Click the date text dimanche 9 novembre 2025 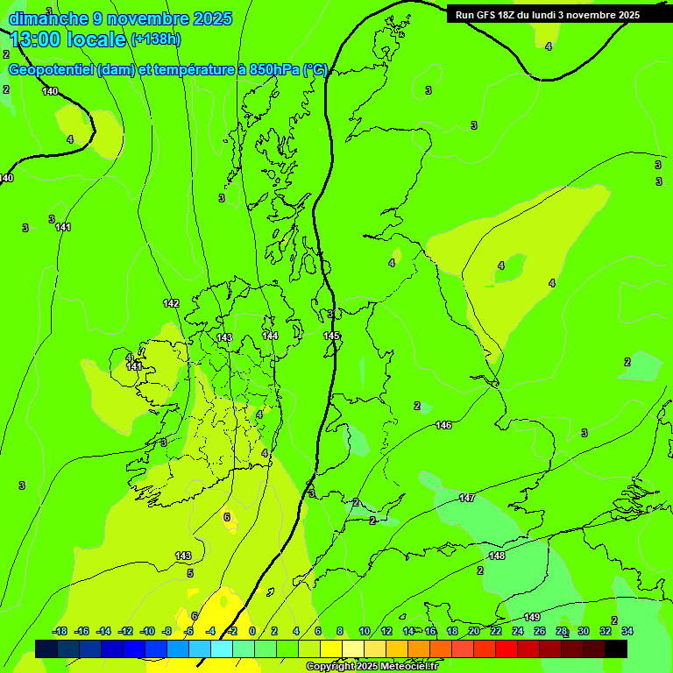(120, 18)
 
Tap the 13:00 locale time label (68, 39)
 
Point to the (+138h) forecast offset (156, 39)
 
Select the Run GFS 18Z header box (548, 14)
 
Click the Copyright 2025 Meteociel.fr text (372, 666)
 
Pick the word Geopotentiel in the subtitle (53, 70)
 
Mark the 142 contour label (171, 303)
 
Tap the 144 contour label (271, 336)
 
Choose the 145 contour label (331, 336)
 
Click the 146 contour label (443, 425)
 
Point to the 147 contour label (467, 498)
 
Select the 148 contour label (497, 556)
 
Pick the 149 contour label (532, 617)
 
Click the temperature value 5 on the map (190, 573)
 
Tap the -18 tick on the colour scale (60, 631)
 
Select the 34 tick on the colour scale (627, 631)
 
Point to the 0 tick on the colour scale (252, 631)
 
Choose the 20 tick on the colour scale (473, 631)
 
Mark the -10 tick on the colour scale (146, 631)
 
